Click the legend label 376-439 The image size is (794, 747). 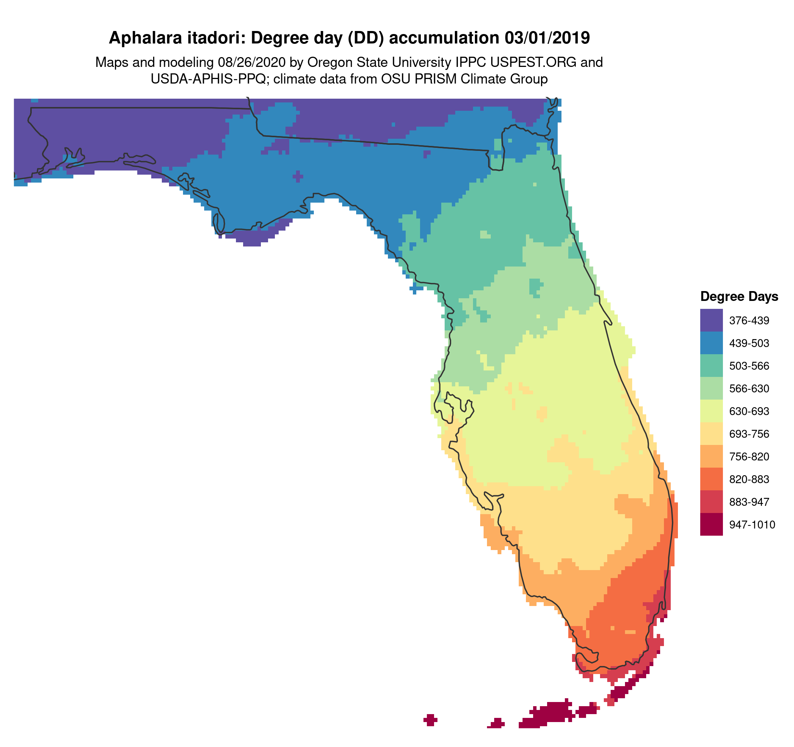point(749,321)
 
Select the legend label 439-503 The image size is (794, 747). point(749,343)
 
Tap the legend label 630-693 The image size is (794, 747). point(749,411)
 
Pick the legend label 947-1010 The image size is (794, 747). point(752,525)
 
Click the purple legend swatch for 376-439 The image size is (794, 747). point(711,320)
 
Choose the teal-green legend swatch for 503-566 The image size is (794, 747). point(711,366)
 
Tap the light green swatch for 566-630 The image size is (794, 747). point(711,389)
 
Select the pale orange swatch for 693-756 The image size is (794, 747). point(711,434)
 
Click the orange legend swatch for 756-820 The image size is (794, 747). point(711,456)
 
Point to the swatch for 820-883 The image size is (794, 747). point(711,479)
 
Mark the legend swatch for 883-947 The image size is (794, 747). point(711,502)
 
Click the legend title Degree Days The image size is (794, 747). point(739,297)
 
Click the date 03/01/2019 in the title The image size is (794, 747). point(547,38)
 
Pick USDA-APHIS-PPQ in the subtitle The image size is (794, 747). point(208,79)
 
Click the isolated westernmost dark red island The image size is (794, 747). point(430,720)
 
